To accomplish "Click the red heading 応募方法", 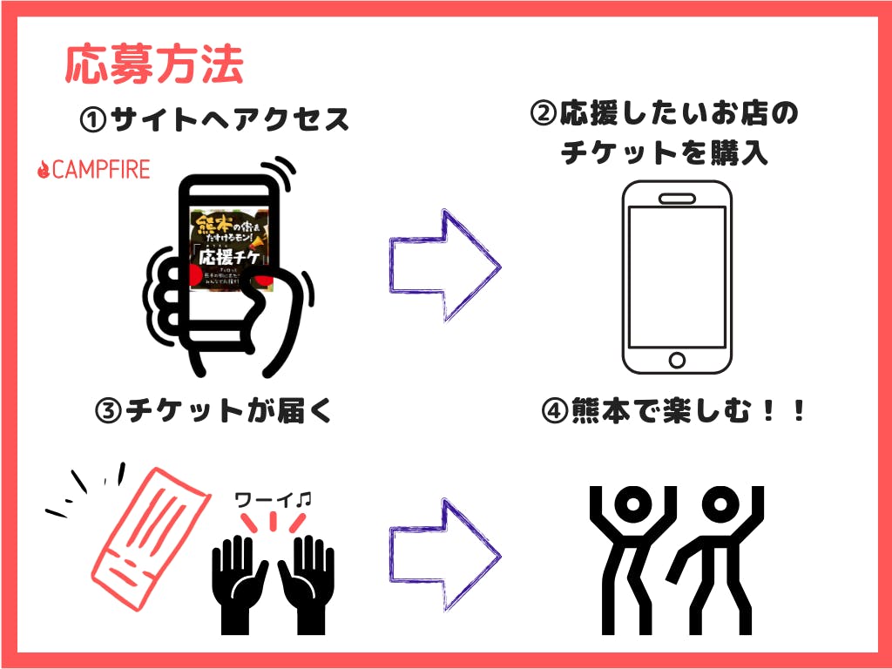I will pos(154,64).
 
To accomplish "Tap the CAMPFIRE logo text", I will pos(101,169).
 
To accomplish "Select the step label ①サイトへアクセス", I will pos(214,119).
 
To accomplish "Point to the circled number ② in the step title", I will pos(543,114).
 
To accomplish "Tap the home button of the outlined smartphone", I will pos(676,359).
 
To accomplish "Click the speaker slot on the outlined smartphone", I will pos(676,198).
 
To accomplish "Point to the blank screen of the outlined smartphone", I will pos(676,276).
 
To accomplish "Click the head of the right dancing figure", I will pos(722,502).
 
